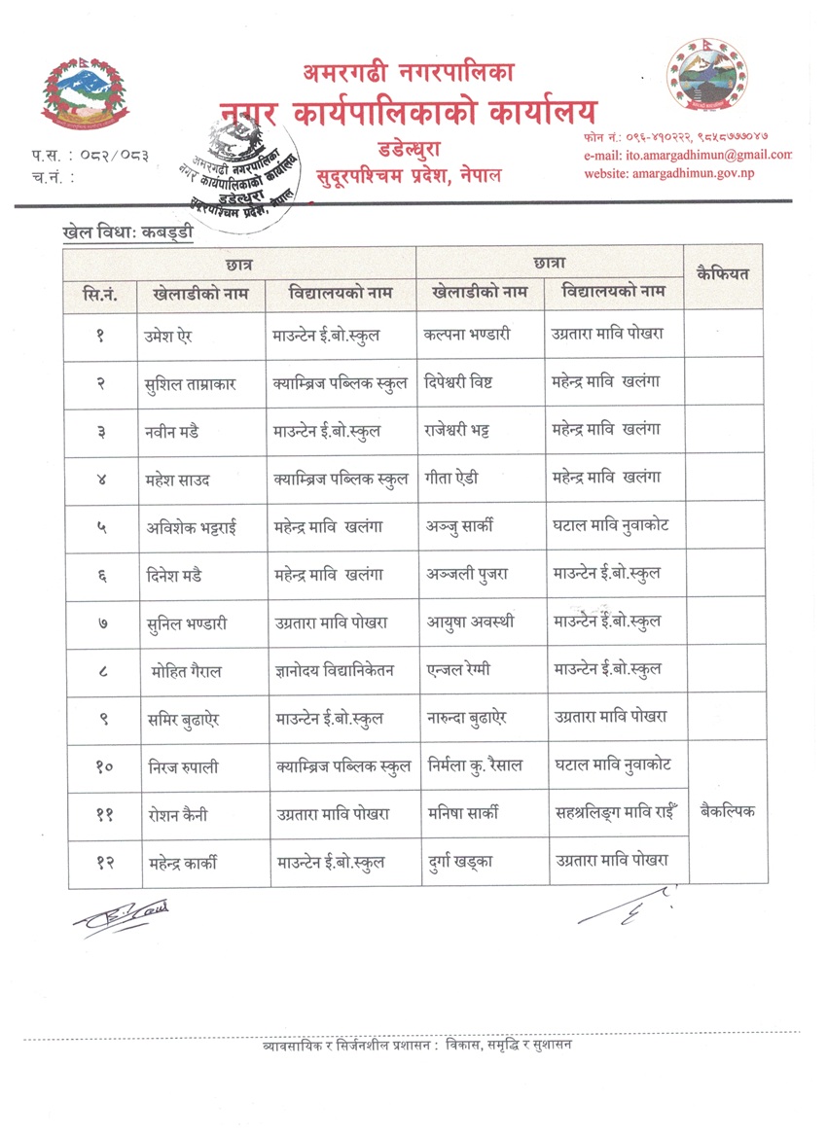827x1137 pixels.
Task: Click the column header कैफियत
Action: (x=723, y=274)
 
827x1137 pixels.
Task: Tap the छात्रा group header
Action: (x=550, y=263)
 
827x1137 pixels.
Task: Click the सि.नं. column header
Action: (x=101, y=293)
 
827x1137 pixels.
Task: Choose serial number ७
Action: (x=102, y=622)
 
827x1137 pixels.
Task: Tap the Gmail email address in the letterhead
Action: (x=688, y=155)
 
